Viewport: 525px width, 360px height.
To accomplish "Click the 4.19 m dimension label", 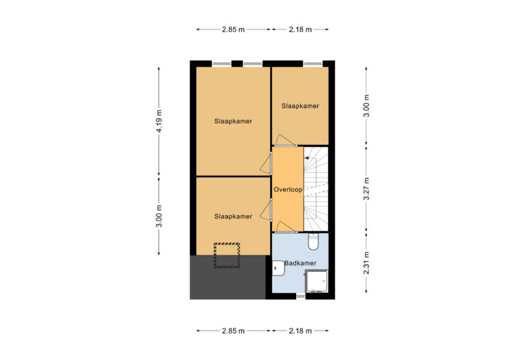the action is (x=159, y=121).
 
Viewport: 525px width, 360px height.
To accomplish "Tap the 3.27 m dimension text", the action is (x=366, y=189).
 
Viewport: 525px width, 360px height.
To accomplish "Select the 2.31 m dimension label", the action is (x=366, y=263).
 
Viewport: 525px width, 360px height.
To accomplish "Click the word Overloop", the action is (x=288, y=189).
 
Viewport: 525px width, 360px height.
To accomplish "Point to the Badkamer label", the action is (x=300, y=263).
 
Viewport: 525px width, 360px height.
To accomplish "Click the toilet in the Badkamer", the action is (x=313, y=242).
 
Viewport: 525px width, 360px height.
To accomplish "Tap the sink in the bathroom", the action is (x=278, y=268).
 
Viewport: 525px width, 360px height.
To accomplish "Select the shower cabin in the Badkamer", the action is (x=316, y=281).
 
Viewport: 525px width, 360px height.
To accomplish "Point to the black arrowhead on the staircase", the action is (x=306, y=158).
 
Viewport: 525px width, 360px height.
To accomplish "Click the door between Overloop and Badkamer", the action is (x=286, y=227).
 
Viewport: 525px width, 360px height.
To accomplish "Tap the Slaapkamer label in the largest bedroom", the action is (x=233, y=121).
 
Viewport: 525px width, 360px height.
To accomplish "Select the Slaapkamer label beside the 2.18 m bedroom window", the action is (x=300, y=106).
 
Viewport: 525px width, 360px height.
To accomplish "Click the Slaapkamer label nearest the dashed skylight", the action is (x=233, y=216).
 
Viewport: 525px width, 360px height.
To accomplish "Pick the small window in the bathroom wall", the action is (x=301, y=296).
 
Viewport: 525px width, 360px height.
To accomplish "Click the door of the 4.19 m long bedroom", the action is (x=267, y=163).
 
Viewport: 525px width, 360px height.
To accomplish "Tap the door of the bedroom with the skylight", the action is (x=267, y=210).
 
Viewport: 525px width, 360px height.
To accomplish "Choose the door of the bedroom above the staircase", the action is (x=285, y=141).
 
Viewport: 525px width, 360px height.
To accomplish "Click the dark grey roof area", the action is (x=228, y=277).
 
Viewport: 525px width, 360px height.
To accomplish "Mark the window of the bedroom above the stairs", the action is (x=312, y=64).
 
